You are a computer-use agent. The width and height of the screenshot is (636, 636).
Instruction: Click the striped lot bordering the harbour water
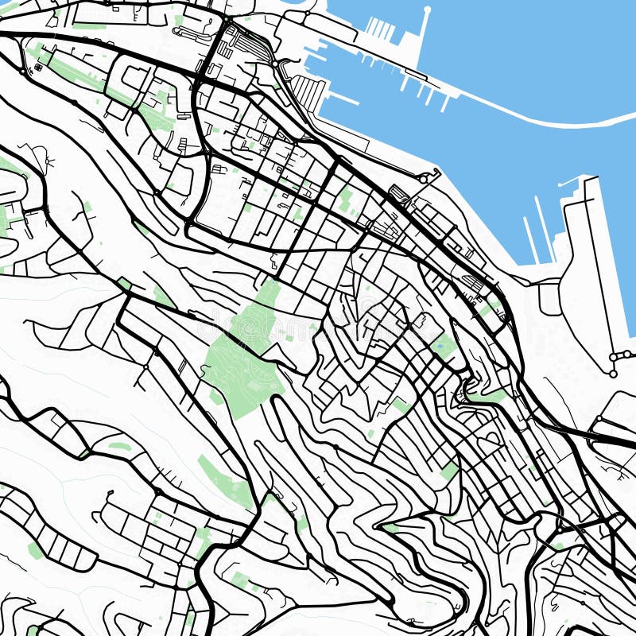(x=308, y=92)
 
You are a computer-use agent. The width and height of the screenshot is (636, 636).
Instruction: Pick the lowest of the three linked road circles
(x=613, y=373)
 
